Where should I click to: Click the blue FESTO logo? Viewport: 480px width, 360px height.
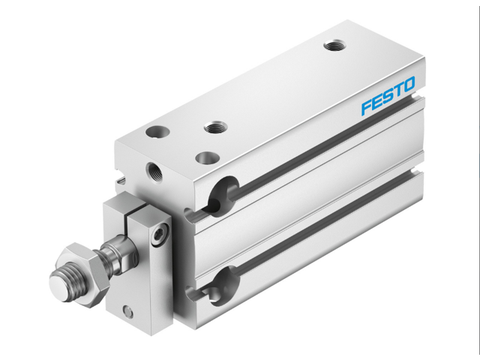(x=387, y=99)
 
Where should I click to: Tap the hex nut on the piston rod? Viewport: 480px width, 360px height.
(x=78, y=264)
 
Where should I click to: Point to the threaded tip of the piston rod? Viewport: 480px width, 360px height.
(x=60, y=283)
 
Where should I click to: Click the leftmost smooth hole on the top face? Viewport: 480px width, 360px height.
(x=158, y=132)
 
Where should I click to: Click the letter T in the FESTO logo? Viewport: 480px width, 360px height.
(x=397, y=94)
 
